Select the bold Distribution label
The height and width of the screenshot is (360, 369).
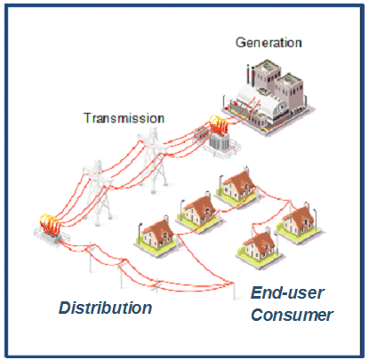tap(105, 308)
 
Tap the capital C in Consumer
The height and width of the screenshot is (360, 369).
tap(256, 315)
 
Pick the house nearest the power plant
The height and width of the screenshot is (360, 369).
tap(238, 185)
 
